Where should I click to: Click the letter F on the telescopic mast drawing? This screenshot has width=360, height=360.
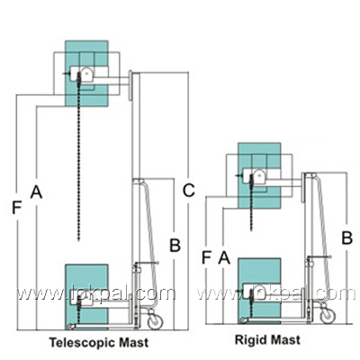pos(17,208)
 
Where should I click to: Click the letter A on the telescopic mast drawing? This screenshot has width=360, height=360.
pos(36,192)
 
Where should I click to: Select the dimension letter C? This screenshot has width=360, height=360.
pos(189,190)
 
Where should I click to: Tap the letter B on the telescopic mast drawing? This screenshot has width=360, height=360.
pos(175,245)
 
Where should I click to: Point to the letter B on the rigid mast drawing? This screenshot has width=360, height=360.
pos(347,238)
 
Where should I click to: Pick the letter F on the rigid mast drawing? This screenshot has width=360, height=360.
pos(206,257)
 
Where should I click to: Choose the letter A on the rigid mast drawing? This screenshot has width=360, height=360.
pos(224,257)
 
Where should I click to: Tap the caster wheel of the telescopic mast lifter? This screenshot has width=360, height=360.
pos(155,321)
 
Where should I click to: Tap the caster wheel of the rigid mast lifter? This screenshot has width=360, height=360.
pos(327,316)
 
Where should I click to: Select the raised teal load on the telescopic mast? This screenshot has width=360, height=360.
pos(86,74)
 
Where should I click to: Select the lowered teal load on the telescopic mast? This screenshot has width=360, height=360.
pos(86,297)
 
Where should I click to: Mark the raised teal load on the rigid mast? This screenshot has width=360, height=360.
pos(259,175)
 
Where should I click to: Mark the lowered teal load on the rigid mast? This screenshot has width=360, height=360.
pos(259,291)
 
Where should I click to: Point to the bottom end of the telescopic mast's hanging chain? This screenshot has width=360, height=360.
pos(78,240)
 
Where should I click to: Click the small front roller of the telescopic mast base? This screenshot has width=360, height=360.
pos(70,327)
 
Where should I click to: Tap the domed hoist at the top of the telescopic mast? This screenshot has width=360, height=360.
pos(86,75)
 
